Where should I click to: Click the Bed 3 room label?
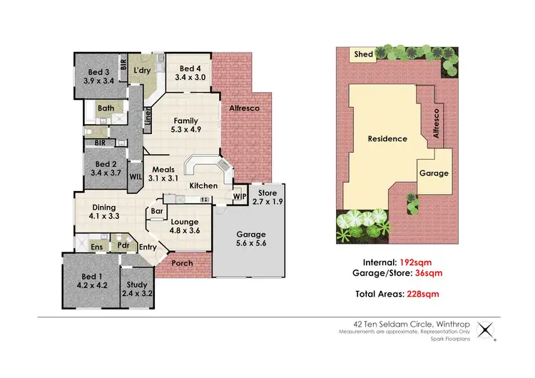[x=98, y=72]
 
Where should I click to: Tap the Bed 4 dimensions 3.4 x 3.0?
[x=189, y=77]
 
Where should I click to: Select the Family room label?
[x=185, y=121]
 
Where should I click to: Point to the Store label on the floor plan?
[x=267, y=192]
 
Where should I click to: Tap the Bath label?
[x=106, y=108]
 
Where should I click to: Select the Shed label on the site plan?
[x=363, y=53]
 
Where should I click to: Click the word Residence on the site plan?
[x=388, y=138]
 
